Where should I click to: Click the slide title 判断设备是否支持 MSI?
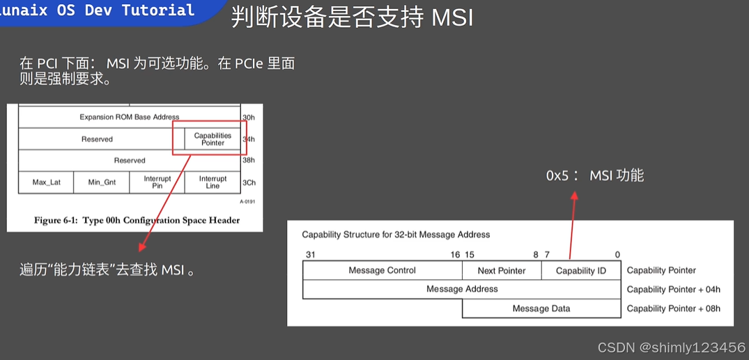[352, 17]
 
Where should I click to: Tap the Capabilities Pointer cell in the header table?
[213, 139]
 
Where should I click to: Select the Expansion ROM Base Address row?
[129, 117]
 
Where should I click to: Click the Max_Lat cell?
[46, 182]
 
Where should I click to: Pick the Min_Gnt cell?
[102, 182]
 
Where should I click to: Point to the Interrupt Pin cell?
[157, 182]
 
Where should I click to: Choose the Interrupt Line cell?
[213, 182]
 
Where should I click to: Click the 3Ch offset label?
[248, 182]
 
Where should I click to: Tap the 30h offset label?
[248, 117]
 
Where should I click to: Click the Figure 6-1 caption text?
[137, 220]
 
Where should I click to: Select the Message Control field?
[382, 270]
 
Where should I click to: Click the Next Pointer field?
[502, 270]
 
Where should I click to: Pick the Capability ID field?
[580, 270]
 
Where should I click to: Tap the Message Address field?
[462, 289]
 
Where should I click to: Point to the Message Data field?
[541, 308]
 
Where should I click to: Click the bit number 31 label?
[310, 255]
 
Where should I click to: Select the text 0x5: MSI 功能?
[594, 175]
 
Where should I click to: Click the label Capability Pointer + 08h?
[673, 308]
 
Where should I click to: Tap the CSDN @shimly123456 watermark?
[671, 347]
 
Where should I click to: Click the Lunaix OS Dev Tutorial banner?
[105, 10]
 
